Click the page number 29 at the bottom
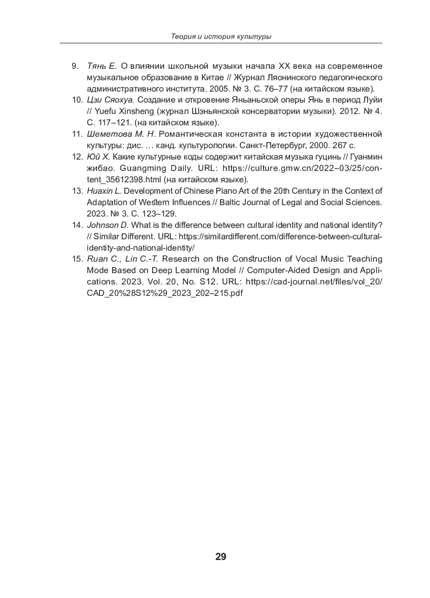(221, 557)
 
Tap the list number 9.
(75, 66)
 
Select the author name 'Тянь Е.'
(102, 66)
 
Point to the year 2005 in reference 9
(218, 89)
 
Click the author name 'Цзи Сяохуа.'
(110, 100)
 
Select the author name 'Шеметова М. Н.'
(121, 134)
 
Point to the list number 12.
(77, 157)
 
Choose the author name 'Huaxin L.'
(104, 191)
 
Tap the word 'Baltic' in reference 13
(230, 202)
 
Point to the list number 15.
(77, 259)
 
